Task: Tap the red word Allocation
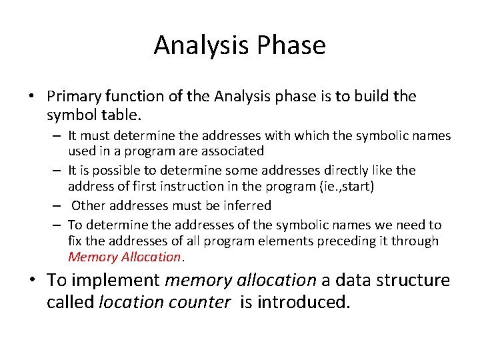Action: coord(150,257)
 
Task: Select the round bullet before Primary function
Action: coord(32,97)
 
